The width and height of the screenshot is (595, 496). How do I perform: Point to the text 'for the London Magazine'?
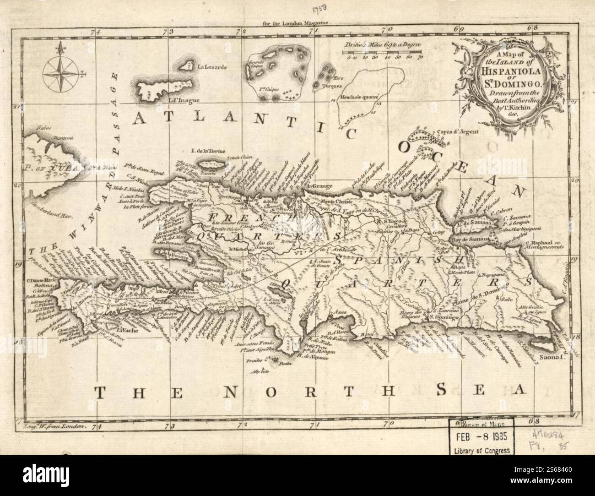coord(297,22)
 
